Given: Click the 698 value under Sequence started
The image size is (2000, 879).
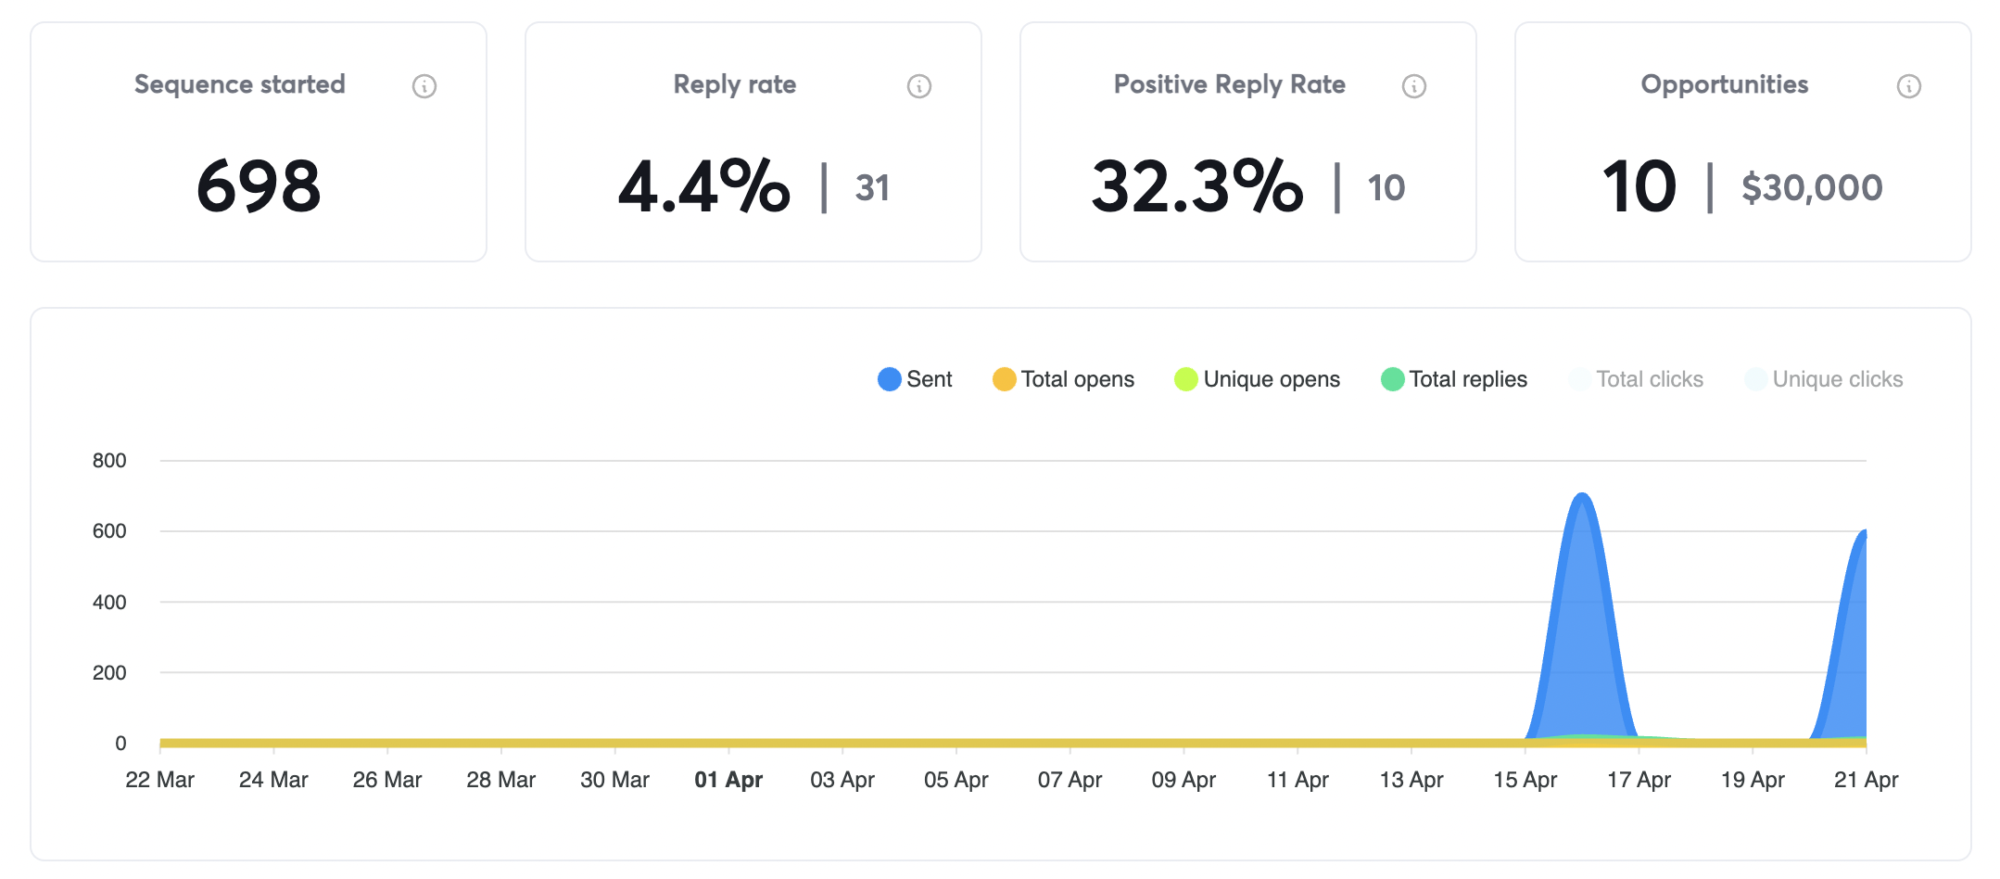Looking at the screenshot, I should pyautogui.click(x=259, y=186).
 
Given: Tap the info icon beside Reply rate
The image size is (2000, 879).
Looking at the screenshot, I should pyautogui.click(x=918, y=86).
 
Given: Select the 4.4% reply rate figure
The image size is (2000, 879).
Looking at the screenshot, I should pyautogui.click(x=704, y=186).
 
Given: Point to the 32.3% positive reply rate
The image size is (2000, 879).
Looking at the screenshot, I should pyautogui.click(x=1196, y=186).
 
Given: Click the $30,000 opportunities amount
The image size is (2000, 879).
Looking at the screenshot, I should pyautogui.click(x=1812, y=188).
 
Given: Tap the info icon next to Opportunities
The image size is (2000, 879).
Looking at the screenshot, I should pyautogui.click(x=1908, y=86).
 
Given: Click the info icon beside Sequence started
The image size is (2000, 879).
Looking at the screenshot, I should pyautogui.click(x=424, y=86).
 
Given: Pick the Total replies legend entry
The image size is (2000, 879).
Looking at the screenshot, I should pyautogui.click(x=1454, y=379).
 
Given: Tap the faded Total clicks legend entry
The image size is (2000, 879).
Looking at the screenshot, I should pyautogui.click(x=1637, y=379).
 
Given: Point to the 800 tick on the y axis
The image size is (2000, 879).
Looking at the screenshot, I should pyautogui.click(x=109, y=461).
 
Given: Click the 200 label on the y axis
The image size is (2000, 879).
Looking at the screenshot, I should pyautogui.click(x=109, y=672).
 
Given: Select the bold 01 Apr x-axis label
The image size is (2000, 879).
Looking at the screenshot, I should pyautogui.click(x=728, y=780).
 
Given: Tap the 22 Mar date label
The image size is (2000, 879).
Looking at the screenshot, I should pyautogui.click(x=159, y=780).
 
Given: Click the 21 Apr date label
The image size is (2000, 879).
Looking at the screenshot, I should pyautogui.click(x=1866, y=780).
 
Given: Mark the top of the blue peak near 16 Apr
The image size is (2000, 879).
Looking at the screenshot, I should pyautogui.click(x=1582, y=496).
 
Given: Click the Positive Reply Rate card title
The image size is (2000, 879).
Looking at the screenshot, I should pyautogui.click(x=1229, y=84).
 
